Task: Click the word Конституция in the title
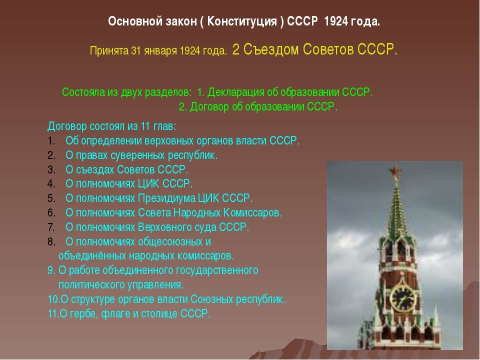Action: (242, 21)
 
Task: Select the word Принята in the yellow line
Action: (109, 50)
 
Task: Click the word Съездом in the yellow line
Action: (270, 49)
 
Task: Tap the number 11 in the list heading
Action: (145, 126)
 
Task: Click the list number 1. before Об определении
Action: (51, 141)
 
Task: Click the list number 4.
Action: (51, 184)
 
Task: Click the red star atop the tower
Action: (394, 171)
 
